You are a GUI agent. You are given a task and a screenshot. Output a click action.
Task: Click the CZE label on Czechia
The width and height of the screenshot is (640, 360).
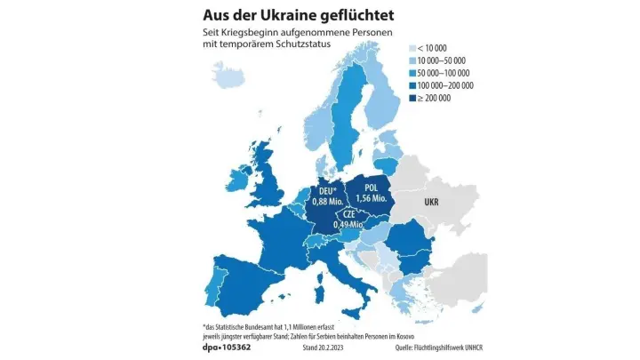pos(348,214)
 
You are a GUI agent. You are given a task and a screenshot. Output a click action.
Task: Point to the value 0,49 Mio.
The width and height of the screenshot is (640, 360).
pos(348,225)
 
